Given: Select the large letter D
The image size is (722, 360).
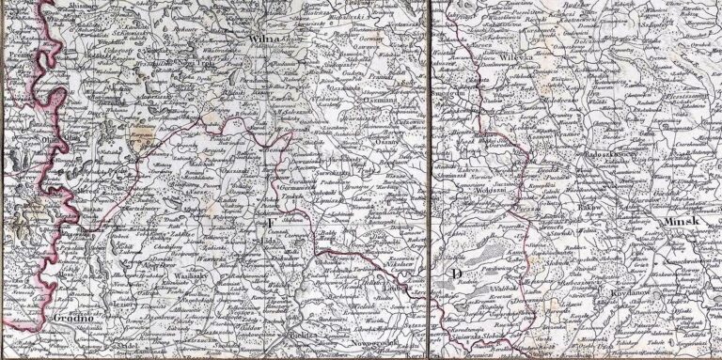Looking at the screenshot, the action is click(x=456, y=273).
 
